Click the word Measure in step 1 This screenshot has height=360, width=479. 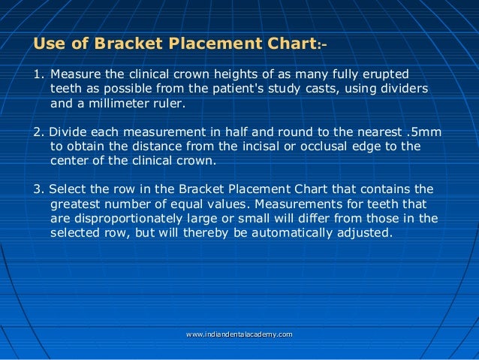(75, 75)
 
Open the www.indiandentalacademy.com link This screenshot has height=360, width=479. (239, 334)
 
